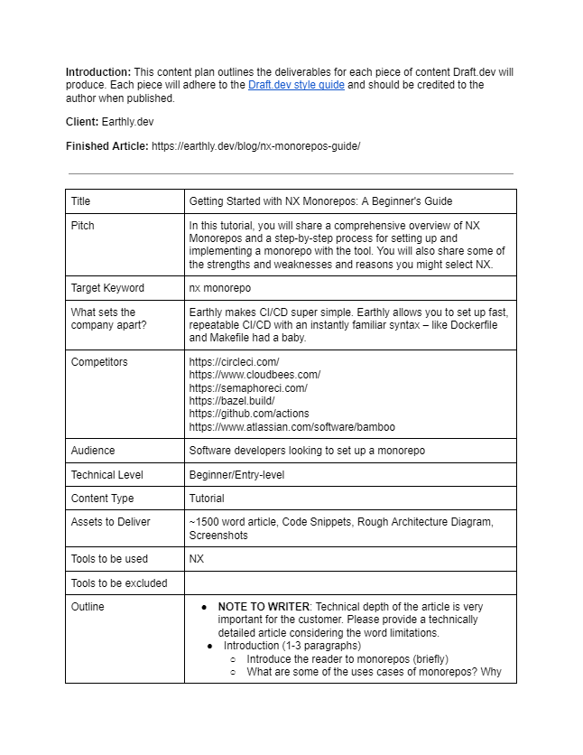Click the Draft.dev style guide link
tap(296, 85)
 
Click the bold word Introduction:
tap(98, 72)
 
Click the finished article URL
tap(255, 146)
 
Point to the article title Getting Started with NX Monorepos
tap(320, 201)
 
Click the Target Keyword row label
tap(106, 288)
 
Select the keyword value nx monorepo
tap(220, 288)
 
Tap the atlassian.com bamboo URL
tap(291, 427)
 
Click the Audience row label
tap(93, 451)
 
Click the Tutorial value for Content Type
tap(207, 499)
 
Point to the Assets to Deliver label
tap(111, 522)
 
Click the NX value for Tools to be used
tap(197, 559)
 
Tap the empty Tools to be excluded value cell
tap(350, 583)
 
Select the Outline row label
tap(88, 607)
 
